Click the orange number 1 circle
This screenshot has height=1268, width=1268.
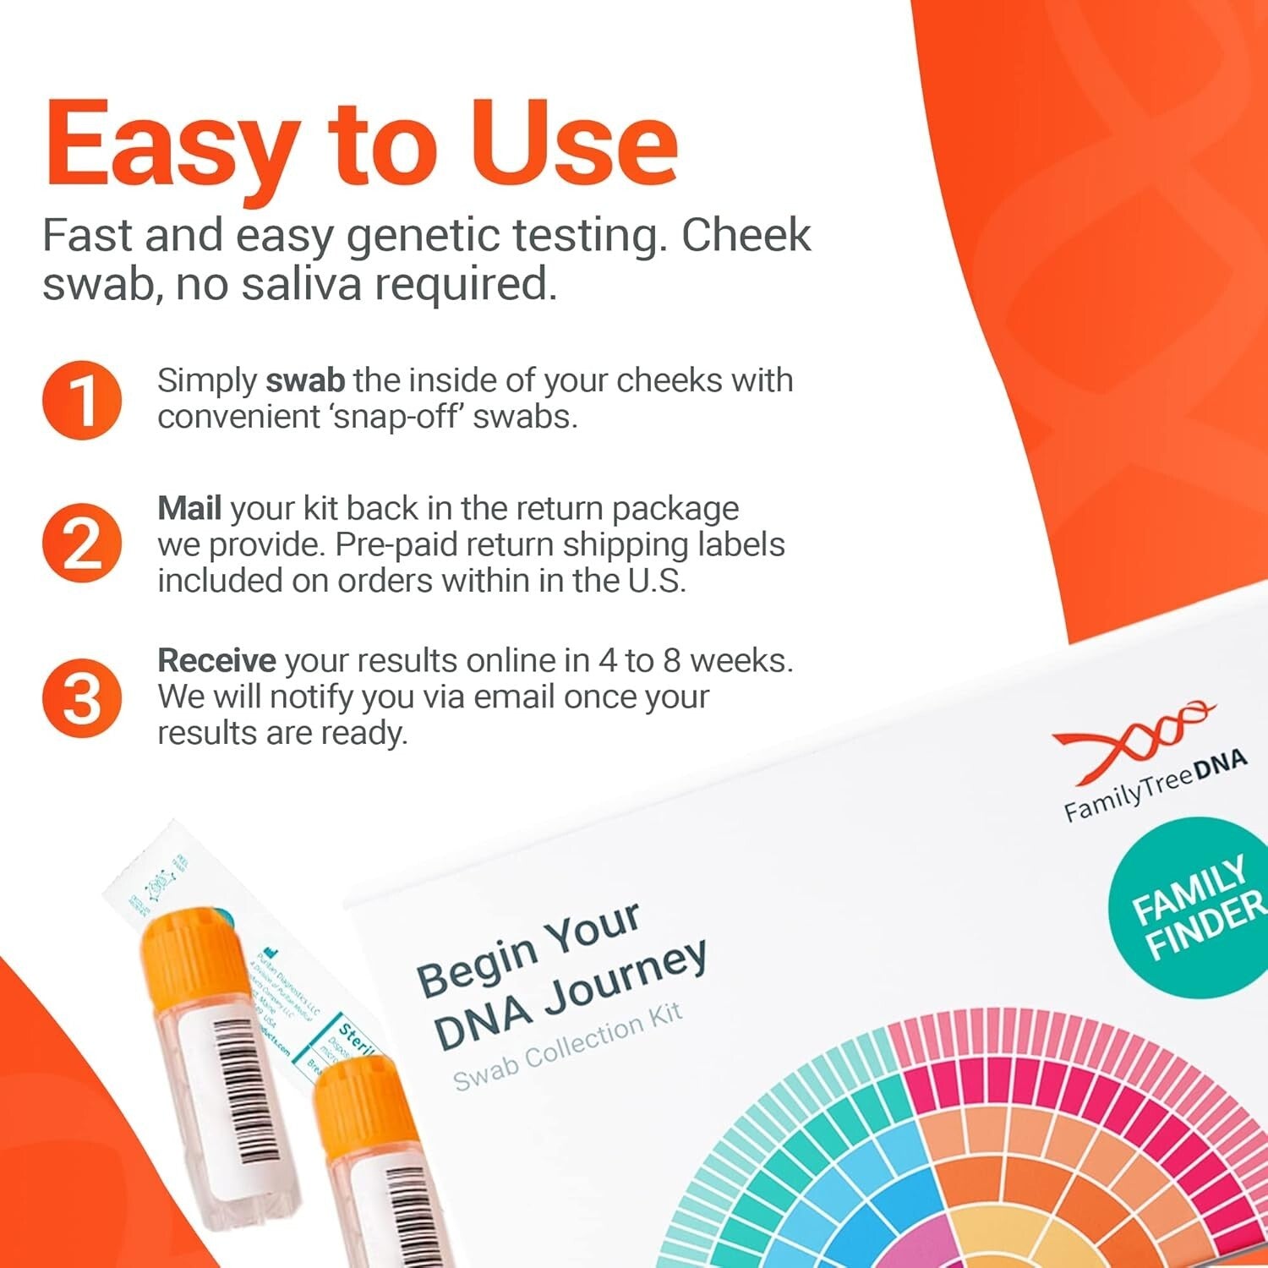pos(82,400)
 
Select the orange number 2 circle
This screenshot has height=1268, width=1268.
pos(82,544)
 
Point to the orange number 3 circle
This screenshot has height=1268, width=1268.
pos(82,698)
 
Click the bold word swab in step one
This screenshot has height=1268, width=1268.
pos(305,380)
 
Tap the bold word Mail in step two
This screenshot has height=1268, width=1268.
pos(189,508)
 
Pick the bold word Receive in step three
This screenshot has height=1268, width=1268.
pos(216,660)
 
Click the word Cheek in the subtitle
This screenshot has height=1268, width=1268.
pos(746,235)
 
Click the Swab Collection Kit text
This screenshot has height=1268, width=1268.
pos(567,1047)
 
